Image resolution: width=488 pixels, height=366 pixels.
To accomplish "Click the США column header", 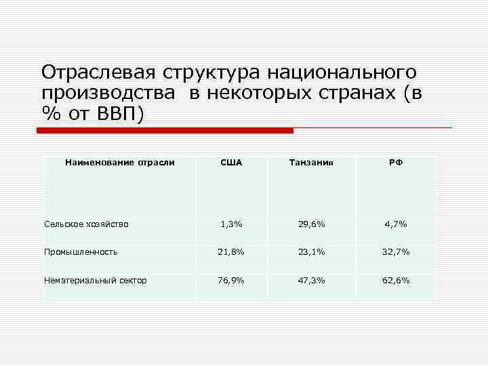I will pyautogui.click(x=231, y=163).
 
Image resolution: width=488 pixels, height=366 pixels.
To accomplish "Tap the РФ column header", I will pyautogui.click(x=396, y=163).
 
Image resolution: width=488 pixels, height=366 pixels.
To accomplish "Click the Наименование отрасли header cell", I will pyautogui.click(x=119, y=163).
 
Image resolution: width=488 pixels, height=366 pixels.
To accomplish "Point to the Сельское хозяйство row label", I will pyautogui.click(x=86, y=224).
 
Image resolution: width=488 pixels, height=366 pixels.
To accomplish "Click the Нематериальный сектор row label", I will pyautogui.click(x=96, y=280).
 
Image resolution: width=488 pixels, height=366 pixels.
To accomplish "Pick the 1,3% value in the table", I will pyautogui.click(x=231, y=224).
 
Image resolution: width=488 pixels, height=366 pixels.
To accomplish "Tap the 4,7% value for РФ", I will pyautogui.click(x=396, y=224).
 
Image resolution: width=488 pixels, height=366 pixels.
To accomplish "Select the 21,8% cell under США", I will pyautogui.click(x=231, y=252).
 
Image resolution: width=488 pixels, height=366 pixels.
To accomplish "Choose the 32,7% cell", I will pyautogui.click(x=396, y=252).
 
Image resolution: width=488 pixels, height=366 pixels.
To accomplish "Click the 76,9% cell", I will pyautogui.click(x=231, y=280).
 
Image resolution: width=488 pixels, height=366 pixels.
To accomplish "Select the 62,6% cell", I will pyautogui.click(x=396, y=280).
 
